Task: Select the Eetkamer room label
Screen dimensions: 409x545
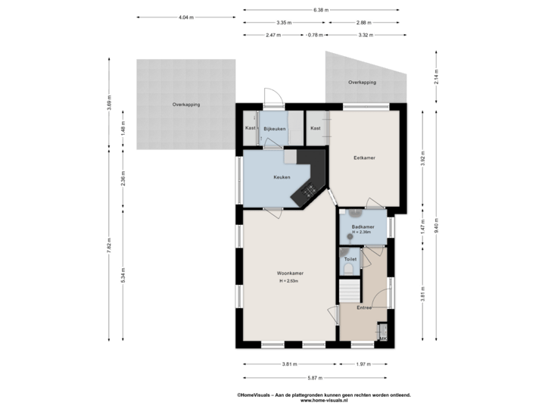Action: coord(365,158)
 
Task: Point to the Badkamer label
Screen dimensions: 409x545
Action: coord(363,227)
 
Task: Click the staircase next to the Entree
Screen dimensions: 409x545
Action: coord(350,290)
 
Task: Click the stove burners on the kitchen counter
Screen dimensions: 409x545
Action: coord(310,192)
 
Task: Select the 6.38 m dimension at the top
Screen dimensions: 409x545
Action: coord(321,11)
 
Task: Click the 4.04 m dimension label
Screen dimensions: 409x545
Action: coord(183,17)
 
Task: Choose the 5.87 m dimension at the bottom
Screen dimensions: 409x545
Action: coord(316,378)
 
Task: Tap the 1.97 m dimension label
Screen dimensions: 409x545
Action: coord(364,364)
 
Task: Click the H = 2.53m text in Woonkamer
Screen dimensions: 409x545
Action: coord(289,281)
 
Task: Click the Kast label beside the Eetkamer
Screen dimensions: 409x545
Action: coord(316,128)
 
